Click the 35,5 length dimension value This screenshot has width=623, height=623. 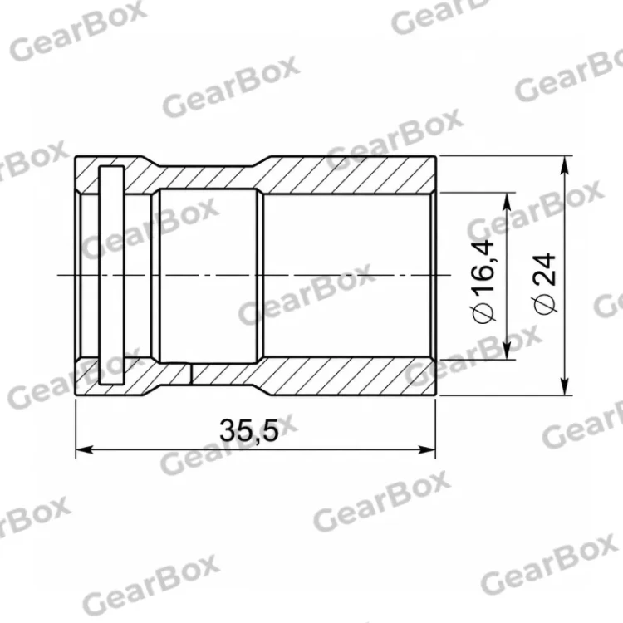click(x=248, y=430)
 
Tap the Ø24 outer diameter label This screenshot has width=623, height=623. click(x=544, y=282)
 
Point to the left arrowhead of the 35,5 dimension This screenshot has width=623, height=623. click(x=84, y=449)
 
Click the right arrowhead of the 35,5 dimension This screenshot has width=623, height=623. click(x=427, y=449)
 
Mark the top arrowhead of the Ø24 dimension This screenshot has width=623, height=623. click(x=564, y=165)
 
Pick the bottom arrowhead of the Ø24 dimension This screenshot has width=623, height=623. click(x=564, y=386)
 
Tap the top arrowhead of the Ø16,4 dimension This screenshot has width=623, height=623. click(x=507, y=202)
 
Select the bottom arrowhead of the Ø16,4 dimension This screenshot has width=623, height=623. click(x=507, y=351)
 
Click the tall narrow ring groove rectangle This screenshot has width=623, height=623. click(x=112, y=275)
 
